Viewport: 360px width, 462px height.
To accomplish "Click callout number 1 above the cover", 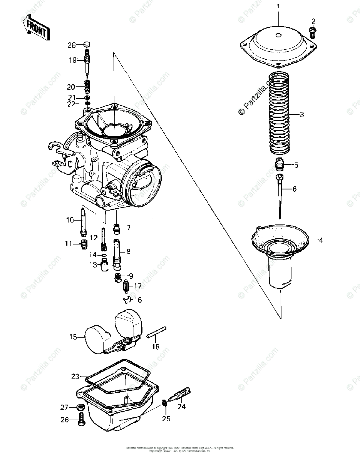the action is coord(278,6).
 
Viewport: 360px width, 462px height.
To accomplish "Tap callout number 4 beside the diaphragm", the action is coord(320,241).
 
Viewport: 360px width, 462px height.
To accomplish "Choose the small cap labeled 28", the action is coord(87,45).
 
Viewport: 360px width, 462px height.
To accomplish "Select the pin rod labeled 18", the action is coord(156,332).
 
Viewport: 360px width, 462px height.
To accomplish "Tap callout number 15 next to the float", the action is coord(73,337).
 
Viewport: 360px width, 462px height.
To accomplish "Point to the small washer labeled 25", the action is coord(164,403).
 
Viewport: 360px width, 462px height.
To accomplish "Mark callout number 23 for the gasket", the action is coord(75,376).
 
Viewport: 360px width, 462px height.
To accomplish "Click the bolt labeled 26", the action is coord(81,420).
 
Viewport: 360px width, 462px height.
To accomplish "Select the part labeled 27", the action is coord(80,407).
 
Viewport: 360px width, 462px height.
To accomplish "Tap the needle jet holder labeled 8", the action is coord(117,254).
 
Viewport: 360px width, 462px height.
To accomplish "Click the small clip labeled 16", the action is coord(127,300).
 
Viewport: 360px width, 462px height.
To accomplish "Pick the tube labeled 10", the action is coord(83,221).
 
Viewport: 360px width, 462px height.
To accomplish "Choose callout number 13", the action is coord(93,265).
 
